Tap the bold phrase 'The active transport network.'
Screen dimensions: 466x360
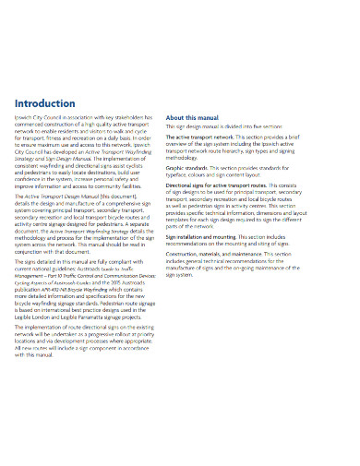tap(205, 137)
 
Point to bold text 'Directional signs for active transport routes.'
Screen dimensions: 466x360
tap(227, 186)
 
